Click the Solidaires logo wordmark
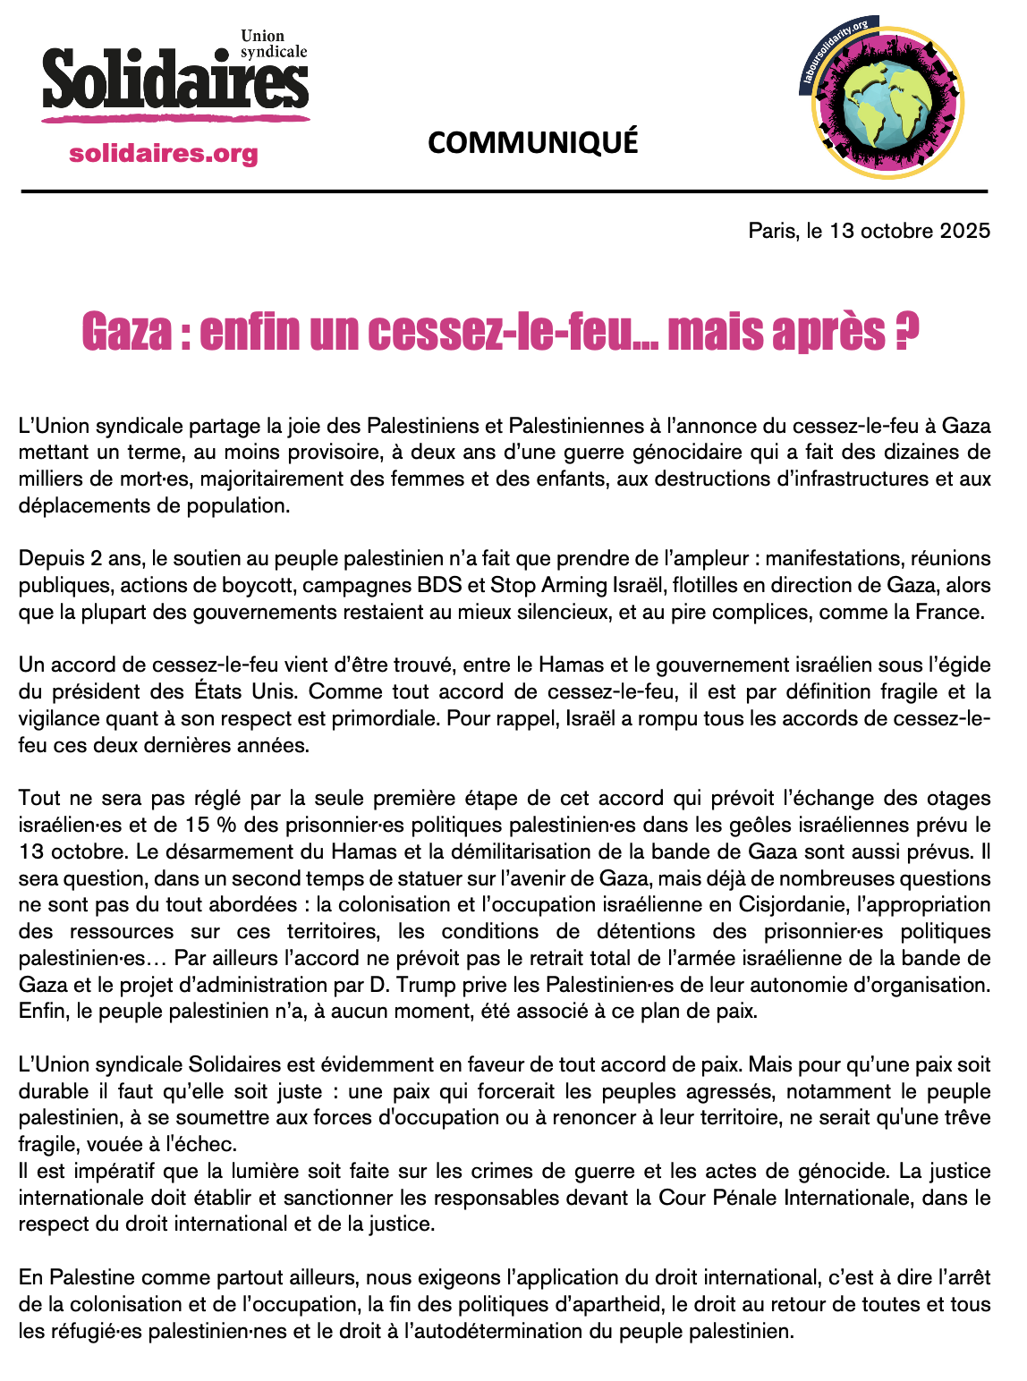point(174,82)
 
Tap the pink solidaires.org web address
point(163,154)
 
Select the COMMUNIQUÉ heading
point(533,142)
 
